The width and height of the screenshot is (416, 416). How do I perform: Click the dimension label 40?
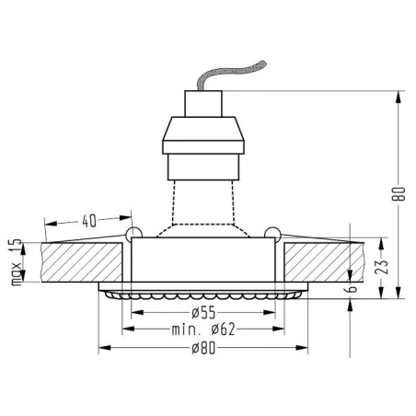(x=88, y=221)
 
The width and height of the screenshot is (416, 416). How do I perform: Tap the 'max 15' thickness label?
(x=14, y=262)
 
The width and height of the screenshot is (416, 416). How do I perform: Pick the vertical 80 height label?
(x=399, y=194)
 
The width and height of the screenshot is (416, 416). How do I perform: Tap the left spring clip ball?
(x=133, y=232)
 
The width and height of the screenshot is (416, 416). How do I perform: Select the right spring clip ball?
(x=272, y=232)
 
